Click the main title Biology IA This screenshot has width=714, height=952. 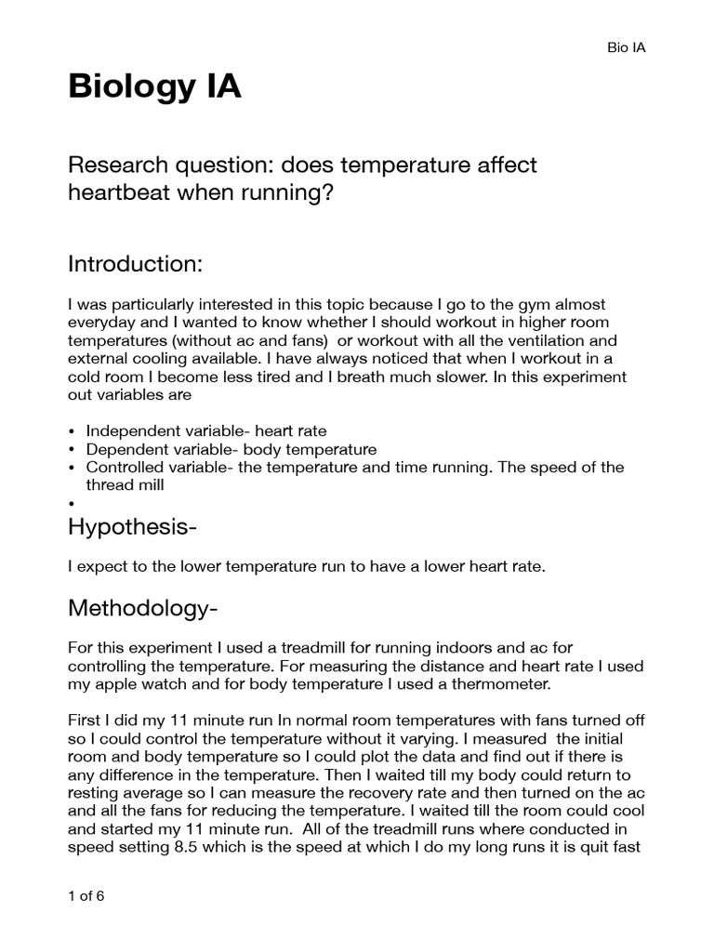154,87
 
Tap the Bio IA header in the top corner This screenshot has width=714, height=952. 626,47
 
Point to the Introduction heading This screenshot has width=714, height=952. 135,264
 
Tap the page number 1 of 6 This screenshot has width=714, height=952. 86,898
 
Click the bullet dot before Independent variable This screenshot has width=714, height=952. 73,431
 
